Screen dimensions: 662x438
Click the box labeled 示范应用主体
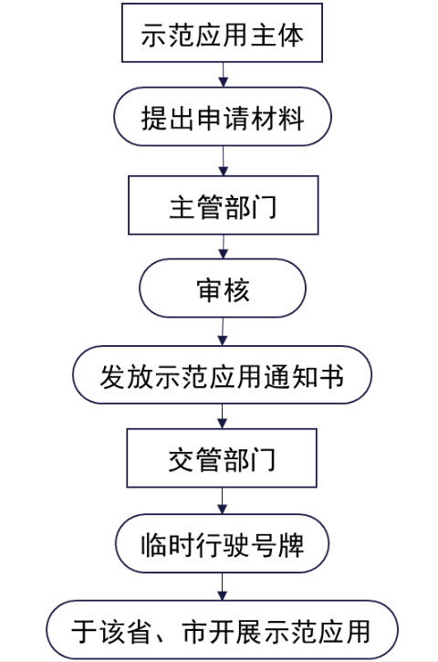coord(223,35)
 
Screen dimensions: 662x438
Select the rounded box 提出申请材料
coord(223,120)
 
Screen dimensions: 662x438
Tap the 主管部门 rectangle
coord(223,205)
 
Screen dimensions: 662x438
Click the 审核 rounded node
coord(223,290)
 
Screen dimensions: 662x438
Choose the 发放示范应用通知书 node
coord(223,375)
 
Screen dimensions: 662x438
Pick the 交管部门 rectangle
coord(223,460)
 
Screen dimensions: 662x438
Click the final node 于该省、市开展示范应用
coord(223,630)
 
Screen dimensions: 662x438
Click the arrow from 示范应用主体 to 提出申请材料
coord(223,77)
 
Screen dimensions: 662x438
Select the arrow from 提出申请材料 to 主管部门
coord(223,162)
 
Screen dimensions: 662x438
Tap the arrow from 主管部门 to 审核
coord(223,247)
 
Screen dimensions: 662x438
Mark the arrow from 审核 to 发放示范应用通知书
coord(223,332)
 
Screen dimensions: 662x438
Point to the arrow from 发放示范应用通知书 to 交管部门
coord(223,417)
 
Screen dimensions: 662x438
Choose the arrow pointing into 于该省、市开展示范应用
coord(223,588)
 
